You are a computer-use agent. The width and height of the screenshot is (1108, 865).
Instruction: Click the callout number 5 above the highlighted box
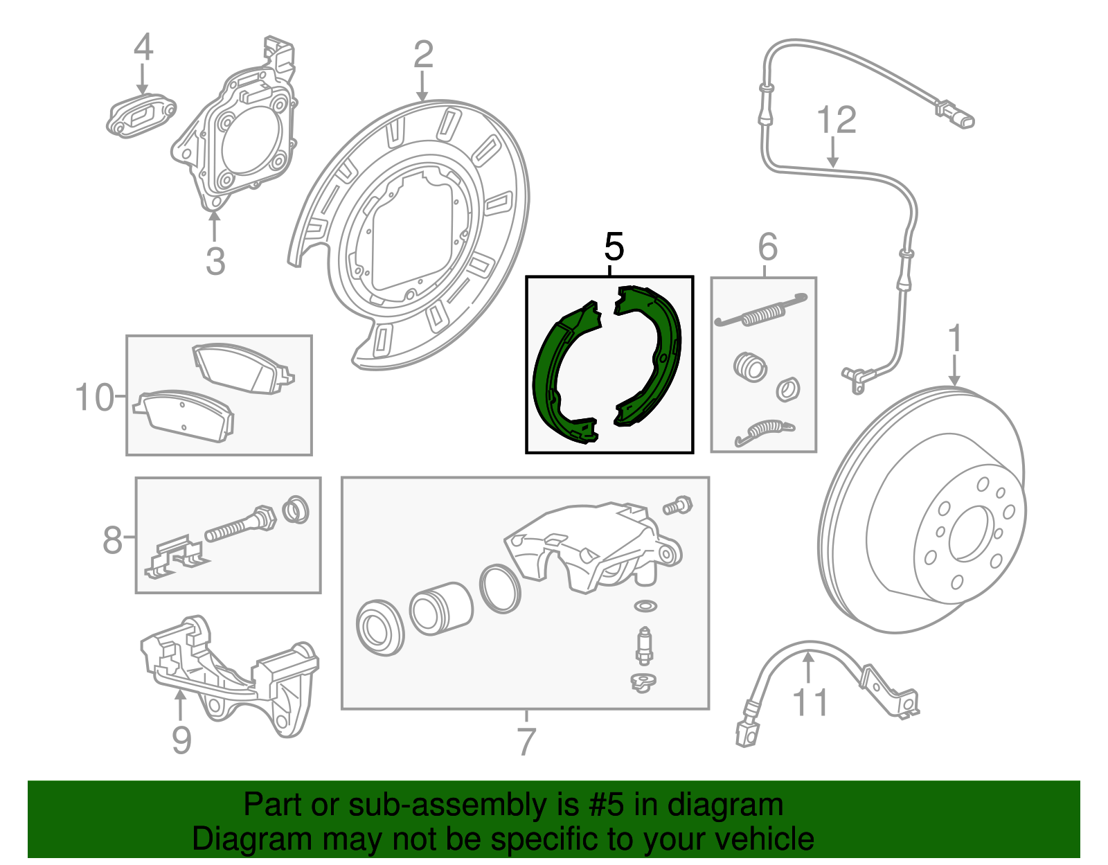[x=614, y=247]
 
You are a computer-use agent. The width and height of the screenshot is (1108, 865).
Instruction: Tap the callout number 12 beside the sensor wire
[x=837, y=121]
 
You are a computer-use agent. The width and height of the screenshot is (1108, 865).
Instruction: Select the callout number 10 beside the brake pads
[x=93, y=398]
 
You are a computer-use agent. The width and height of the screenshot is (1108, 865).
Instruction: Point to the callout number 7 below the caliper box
[x=526, y=742]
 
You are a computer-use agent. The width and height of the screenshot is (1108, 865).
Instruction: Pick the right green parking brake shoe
[x=654, y=353]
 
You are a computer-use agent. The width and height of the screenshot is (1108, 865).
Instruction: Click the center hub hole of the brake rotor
[x=969, y=533]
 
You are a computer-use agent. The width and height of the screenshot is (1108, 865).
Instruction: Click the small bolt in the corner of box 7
[x=677, y=505]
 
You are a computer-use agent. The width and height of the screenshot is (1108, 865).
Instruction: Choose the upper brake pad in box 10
[x=242, y=367]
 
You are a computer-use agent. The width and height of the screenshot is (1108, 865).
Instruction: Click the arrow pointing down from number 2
[x=422, y=87]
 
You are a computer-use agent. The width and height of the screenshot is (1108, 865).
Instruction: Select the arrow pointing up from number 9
[x=180, y=706]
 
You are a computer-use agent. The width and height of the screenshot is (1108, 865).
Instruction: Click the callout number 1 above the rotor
[x=955, y=339]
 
